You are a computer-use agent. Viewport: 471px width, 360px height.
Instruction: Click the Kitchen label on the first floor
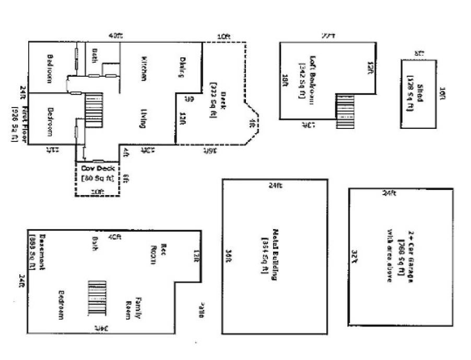pyautogui.click(x=143, y=68)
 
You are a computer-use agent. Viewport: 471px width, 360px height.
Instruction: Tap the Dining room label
pyautogui.click(x=183, y=67)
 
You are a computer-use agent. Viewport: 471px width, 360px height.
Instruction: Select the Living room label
pyautogui.click(x=142, y=118)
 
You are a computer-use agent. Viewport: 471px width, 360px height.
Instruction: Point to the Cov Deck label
pyautogui.click(x=97, y=169)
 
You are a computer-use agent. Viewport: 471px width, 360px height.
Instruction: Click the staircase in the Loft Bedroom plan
pyautogui.click(x=345, y=111)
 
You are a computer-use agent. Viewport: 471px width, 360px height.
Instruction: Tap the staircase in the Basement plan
pyautogui.click(x=97, y=298)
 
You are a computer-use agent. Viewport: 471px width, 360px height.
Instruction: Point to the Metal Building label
pyautogui.click(x=273, y=256)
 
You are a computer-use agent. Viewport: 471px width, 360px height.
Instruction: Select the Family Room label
pyautogui.click(x=134, y=308)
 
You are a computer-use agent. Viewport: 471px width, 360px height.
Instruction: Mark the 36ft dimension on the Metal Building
pyautogui.click(x=229, y=256)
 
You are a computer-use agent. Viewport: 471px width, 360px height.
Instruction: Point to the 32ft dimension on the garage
pyautogui.click(x=355, y=256)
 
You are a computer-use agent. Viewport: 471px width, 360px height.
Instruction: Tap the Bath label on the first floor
pyautogui.click(x=95, y=56)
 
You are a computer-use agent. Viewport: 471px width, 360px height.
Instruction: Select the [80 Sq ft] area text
pyautogui.click(x=97, y=178)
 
